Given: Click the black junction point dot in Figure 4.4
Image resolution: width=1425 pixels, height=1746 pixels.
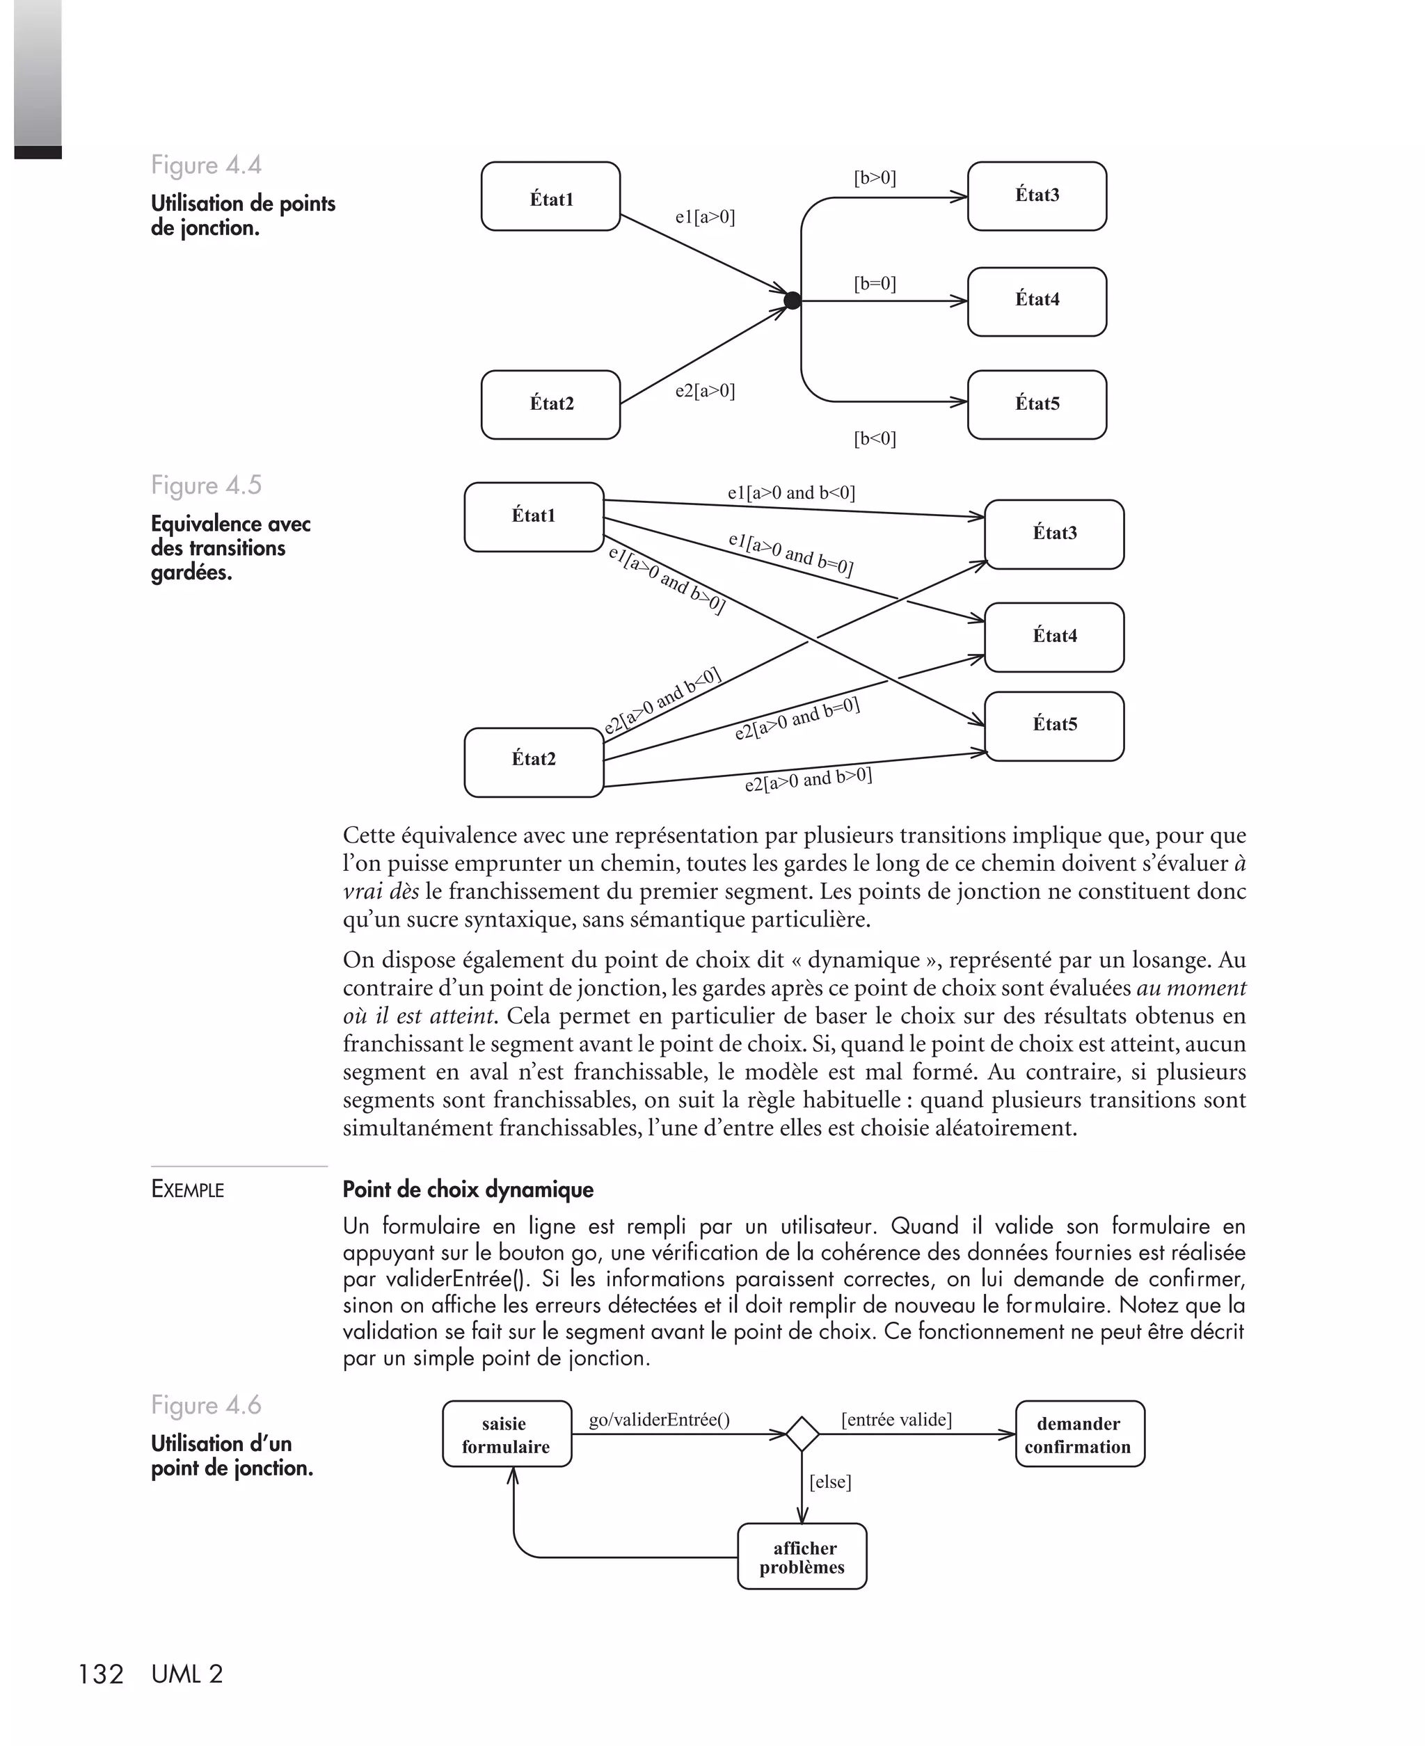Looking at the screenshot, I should tap(792, 301).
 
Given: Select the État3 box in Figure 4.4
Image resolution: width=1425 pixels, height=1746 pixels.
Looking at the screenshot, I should tap(1037, 196).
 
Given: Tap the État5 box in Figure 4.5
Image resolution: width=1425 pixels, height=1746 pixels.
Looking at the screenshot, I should tap(1054, 726).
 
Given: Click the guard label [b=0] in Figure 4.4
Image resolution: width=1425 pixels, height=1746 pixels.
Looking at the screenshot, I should tap(875, 284).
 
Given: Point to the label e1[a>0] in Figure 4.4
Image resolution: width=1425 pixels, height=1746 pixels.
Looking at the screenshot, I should tap(705, 218).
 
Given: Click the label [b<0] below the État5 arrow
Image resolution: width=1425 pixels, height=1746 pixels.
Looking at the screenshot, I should tap(875, 439).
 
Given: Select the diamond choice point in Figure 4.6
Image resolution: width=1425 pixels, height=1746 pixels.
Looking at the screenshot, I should tap(802, 1434).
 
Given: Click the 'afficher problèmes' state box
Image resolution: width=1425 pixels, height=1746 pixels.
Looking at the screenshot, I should tap(802, 1557).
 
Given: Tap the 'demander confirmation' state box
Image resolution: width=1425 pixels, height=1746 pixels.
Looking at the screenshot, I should tap(1078, 1434).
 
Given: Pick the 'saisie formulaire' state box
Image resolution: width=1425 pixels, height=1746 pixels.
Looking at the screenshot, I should tap(507, 1434).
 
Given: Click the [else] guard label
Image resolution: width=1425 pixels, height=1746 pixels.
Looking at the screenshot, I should tap(830, 1482).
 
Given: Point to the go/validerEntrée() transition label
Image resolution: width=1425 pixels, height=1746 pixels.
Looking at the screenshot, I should tap(659, 1420).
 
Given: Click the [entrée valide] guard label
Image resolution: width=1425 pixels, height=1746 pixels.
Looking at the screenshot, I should tap(896, 1420).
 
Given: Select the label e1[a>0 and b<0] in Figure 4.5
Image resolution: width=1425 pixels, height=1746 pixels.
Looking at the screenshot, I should tap(791, 493).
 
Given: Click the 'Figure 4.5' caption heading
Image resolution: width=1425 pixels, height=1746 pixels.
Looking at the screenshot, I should tap(206, 485).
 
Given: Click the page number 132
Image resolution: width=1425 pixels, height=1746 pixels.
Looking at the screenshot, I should tap(100, 1674).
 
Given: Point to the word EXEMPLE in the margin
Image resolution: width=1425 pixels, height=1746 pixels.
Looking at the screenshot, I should tap(187, 1190).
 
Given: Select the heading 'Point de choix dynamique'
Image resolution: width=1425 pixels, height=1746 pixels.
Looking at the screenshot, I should tap(468, 1190).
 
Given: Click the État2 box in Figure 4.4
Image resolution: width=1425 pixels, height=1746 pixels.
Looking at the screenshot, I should tap(551, 403).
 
